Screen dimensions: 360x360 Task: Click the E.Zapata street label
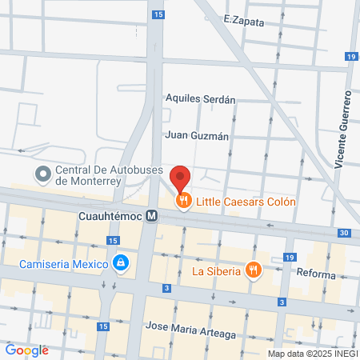click(x=244, y=22)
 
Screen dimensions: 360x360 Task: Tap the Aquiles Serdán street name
click(x=200, y=100)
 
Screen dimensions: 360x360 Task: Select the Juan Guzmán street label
click(x=198, y=136)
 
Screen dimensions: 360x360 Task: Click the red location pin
click(x=181, y=178)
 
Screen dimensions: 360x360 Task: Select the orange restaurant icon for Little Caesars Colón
click(x=184, y=202)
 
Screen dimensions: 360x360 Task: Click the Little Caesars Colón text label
click(x=247, y=202)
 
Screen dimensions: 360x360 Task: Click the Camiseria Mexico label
click(x=65, y=262)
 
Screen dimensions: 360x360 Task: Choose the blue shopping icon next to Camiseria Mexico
click(x=121, y=262)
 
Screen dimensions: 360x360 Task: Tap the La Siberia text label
click(x=216, y=270)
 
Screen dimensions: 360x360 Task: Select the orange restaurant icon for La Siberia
click(x=254, y=270)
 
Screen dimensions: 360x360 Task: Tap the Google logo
click(x=26, y=350)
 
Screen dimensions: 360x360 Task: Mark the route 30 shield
click(x=343, y=233)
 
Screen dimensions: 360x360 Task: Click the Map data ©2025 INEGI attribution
click(x=312, y=354)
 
